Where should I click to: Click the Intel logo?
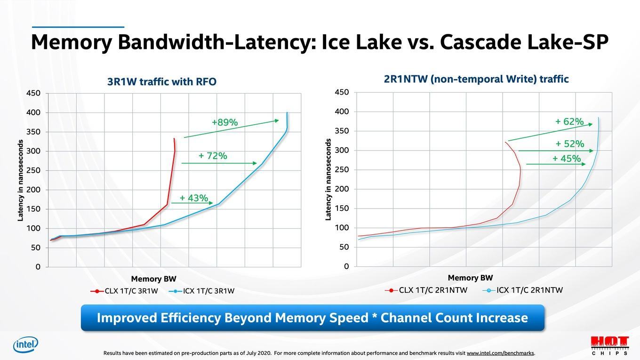coord(25,345)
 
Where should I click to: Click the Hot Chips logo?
coord(609,345)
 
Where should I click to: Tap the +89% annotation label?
coord(224,123)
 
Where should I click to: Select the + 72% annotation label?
coord(213,156)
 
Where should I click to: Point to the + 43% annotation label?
coord(193,198)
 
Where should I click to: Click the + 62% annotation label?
coord(569,122)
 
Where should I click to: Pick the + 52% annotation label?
coord(569,144)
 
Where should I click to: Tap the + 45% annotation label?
coord(567,159)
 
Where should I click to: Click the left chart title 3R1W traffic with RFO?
coord(162,82)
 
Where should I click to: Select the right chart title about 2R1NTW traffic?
coord(476,79)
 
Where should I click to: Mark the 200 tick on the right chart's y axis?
coord(342,189)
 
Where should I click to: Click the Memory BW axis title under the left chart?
coord(153,279)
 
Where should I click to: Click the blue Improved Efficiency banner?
coord(312,318)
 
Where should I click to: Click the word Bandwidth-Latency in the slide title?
coord(216,42)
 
